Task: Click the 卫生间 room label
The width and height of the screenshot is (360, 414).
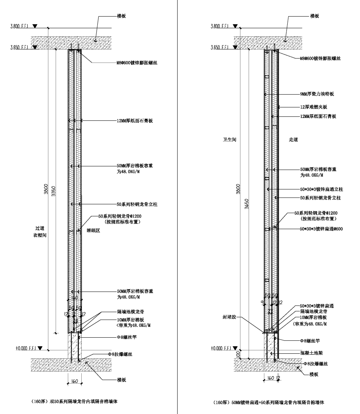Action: [x=229, y=140]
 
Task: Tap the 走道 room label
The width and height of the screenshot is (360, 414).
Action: [x=293, y=140]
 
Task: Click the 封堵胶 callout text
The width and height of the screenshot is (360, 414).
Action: [x=229, y=317]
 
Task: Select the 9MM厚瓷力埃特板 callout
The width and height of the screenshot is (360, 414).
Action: [x=317, y=94]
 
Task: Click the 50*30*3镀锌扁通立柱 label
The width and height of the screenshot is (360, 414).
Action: [x=321, y=189]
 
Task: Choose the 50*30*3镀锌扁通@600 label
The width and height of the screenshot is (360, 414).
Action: [x=321, y=229]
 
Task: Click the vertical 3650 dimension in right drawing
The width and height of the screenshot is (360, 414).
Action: [x=246, y=204]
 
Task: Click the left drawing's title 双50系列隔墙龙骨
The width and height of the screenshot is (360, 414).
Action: [x=74, y=402]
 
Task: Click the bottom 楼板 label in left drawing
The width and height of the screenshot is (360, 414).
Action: [x=121, y=380]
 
